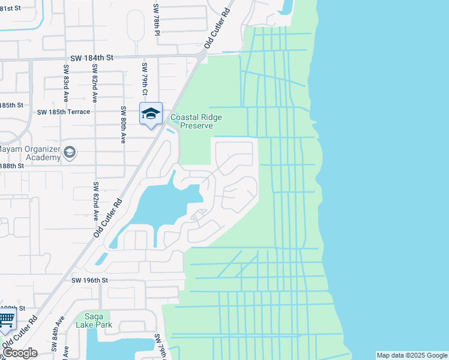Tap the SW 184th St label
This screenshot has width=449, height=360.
pyautogui.click(x=92, y=58)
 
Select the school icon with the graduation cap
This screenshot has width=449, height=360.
pyautogui.click(x=151, y=112)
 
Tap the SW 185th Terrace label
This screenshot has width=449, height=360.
pyautogui.click(x=63, y=112)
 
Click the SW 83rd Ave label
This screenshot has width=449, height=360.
pyautogui.click(x=65, y=83)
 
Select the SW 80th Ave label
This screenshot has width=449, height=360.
pyautogui.click(x=123, y=125)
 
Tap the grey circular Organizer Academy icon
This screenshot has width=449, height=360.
pyautogui.click(x=70, y=152)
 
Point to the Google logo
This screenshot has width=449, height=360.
pyautogui.click(x=20, y=353)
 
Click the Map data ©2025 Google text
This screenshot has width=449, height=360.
pyautogui.click(x=411, y=355)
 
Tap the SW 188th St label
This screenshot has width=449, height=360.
pyautogui.click(x=12, y=166)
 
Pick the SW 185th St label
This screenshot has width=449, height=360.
pyautogui.click(x=11, y=104)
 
